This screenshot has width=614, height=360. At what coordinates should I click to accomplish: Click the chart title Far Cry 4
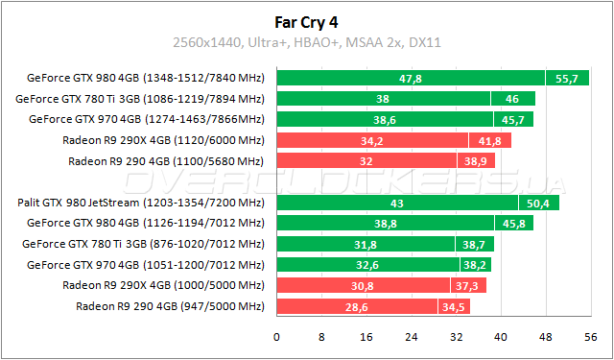(x=306, y=20)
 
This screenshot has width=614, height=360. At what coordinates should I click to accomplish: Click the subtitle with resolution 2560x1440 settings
(x=306, y=42)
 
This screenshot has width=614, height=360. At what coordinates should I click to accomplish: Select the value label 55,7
(x=567, y=78)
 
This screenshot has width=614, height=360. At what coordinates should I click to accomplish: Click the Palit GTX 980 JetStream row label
(x=140, y=203)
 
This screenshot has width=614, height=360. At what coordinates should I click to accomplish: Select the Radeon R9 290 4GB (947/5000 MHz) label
(x=169, y=306)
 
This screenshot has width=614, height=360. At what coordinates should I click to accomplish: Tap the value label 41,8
(x=489, y=140)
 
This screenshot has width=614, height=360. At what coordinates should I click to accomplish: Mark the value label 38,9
(x=473, y=161)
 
